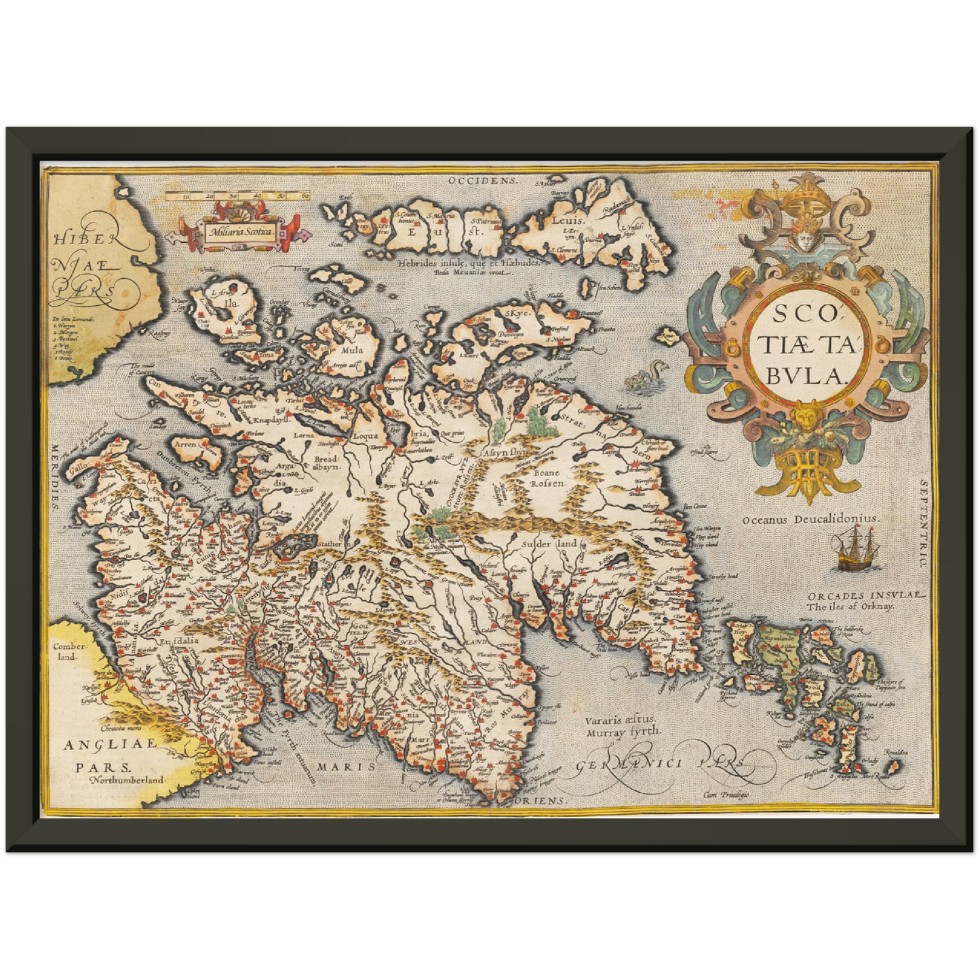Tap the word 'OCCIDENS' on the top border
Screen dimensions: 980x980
483,180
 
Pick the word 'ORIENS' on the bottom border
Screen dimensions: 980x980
545,801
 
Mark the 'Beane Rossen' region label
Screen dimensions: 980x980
547,478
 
